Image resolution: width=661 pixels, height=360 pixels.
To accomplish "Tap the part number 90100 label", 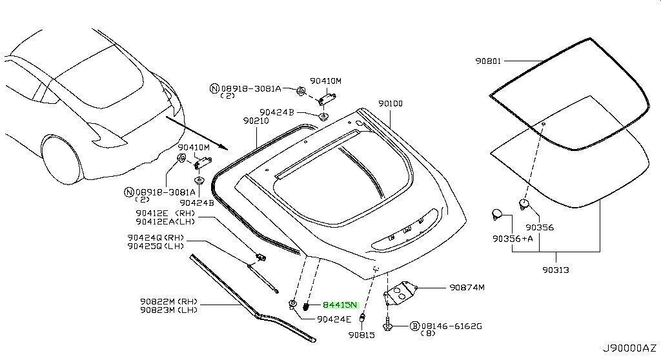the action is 391,103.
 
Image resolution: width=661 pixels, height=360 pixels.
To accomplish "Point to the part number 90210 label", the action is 256,121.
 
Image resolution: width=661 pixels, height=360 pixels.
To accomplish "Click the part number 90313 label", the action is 556,270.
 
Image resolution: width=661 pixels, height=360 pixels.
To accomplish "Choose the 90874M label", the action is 467,287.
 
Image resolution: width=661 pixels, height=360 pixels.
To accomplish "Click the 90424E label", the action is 334,319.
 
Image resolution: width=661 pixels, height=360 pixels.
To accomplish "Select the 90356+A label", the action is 510,238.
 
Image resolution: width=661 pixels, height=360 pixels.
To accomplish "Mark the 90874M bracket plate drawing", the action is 401,292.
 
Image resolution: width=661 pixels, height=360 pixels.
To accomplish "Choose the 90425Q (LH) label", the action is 156,246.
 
